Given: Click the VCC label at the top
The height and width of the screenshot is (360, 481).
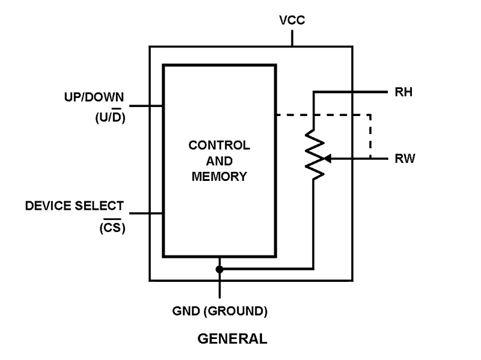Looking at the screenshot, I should click(292, 20).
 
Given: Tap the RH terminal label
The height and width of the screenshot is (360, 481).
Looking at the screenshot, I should click(403, 93).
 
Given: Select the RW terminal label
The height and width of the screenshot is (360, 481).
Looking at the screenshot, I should click(405, 159).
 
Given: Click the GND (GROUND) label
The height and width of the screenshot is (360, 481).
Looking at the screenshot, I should click(219, 312).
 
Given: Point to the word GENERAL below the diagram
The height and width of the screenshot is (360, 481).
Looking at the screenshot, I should click(232, 338).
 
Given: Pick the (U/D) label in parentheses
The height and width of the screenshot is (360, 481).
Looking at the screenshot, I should click(109, 118).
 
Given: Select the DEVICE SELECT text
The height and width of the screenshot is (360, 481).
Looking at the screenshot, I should click(75, 206).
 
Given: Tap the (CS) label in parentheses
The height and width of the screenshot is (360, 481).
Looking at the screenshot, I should click(112, 228).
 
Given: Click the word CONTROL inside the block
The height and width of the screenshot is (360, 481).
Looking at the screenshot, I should click(219, 145).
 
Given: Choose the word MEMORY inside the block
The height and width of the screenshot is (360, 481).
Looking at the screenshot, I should click(219, 177).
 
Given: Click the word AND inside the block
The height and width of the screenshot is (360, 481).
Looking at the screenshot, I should click(219, 161).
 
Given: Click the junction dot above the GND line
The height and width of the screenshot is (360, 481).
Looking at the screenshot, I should click(219, 270).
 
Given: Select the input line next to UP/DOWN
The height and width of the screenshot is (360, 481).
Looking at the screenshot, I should click(146, 106).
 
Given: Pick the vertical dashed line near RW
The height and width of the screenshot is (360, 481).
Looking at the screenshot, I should click(370, 136).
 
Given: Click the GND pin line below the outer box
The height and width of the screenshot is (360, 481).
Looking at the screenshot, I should click(219, 290).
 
